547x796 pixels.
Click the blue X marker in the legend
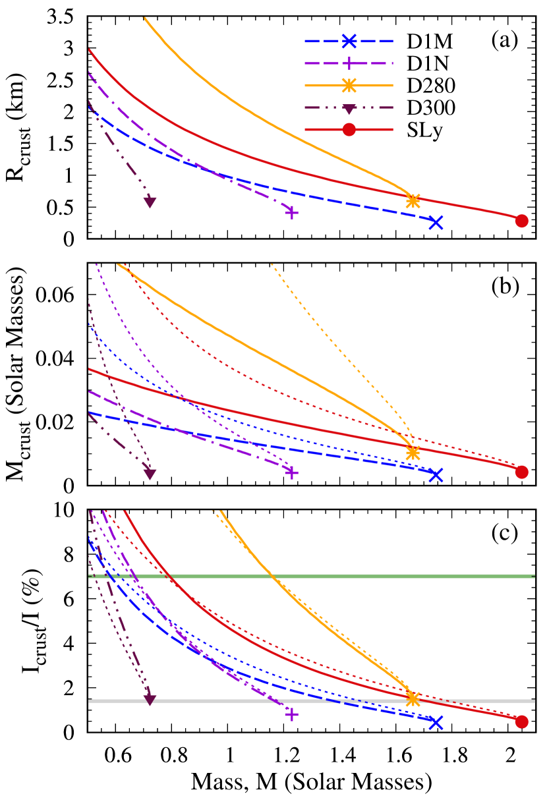[349, 41]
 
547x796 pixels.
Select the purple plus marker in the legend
[349, 63]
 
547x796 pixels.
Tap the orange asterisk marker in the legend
[349, 85]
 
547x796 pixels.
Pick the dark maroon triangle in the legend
[349, 108]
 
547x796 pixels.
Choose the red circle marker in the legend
[349, 129]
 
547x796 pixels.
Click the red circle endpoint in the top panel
[521, 221]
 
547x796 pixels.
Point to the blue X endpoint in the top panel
[435, 222]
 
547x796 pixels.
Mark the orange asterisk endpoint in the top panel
[413, 201]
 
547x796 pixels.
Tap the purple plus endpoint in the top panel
[291, 213]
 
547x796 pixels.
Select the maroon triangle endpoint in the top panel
[150, 202]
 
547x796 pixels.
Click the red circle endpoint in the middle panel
[521, 472]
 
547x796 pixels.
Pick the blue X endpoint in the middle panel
[435, 474]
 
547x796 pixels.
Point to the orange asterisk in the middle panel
[413, 453]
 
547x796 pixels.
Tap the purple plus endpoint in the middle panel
[291, 472]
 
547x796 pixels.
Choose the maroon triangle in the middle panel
[150, 473]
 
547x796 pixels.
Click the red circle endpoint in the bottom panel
[521, 722]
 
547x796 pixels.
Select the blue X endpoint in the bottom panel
[435, 722]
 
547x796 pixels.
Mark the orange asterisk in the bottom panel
[413, 699]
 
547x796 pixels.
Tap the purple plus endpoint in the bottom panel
[291, 714]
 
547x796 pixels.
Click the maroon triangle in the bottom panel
[150, 698]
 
